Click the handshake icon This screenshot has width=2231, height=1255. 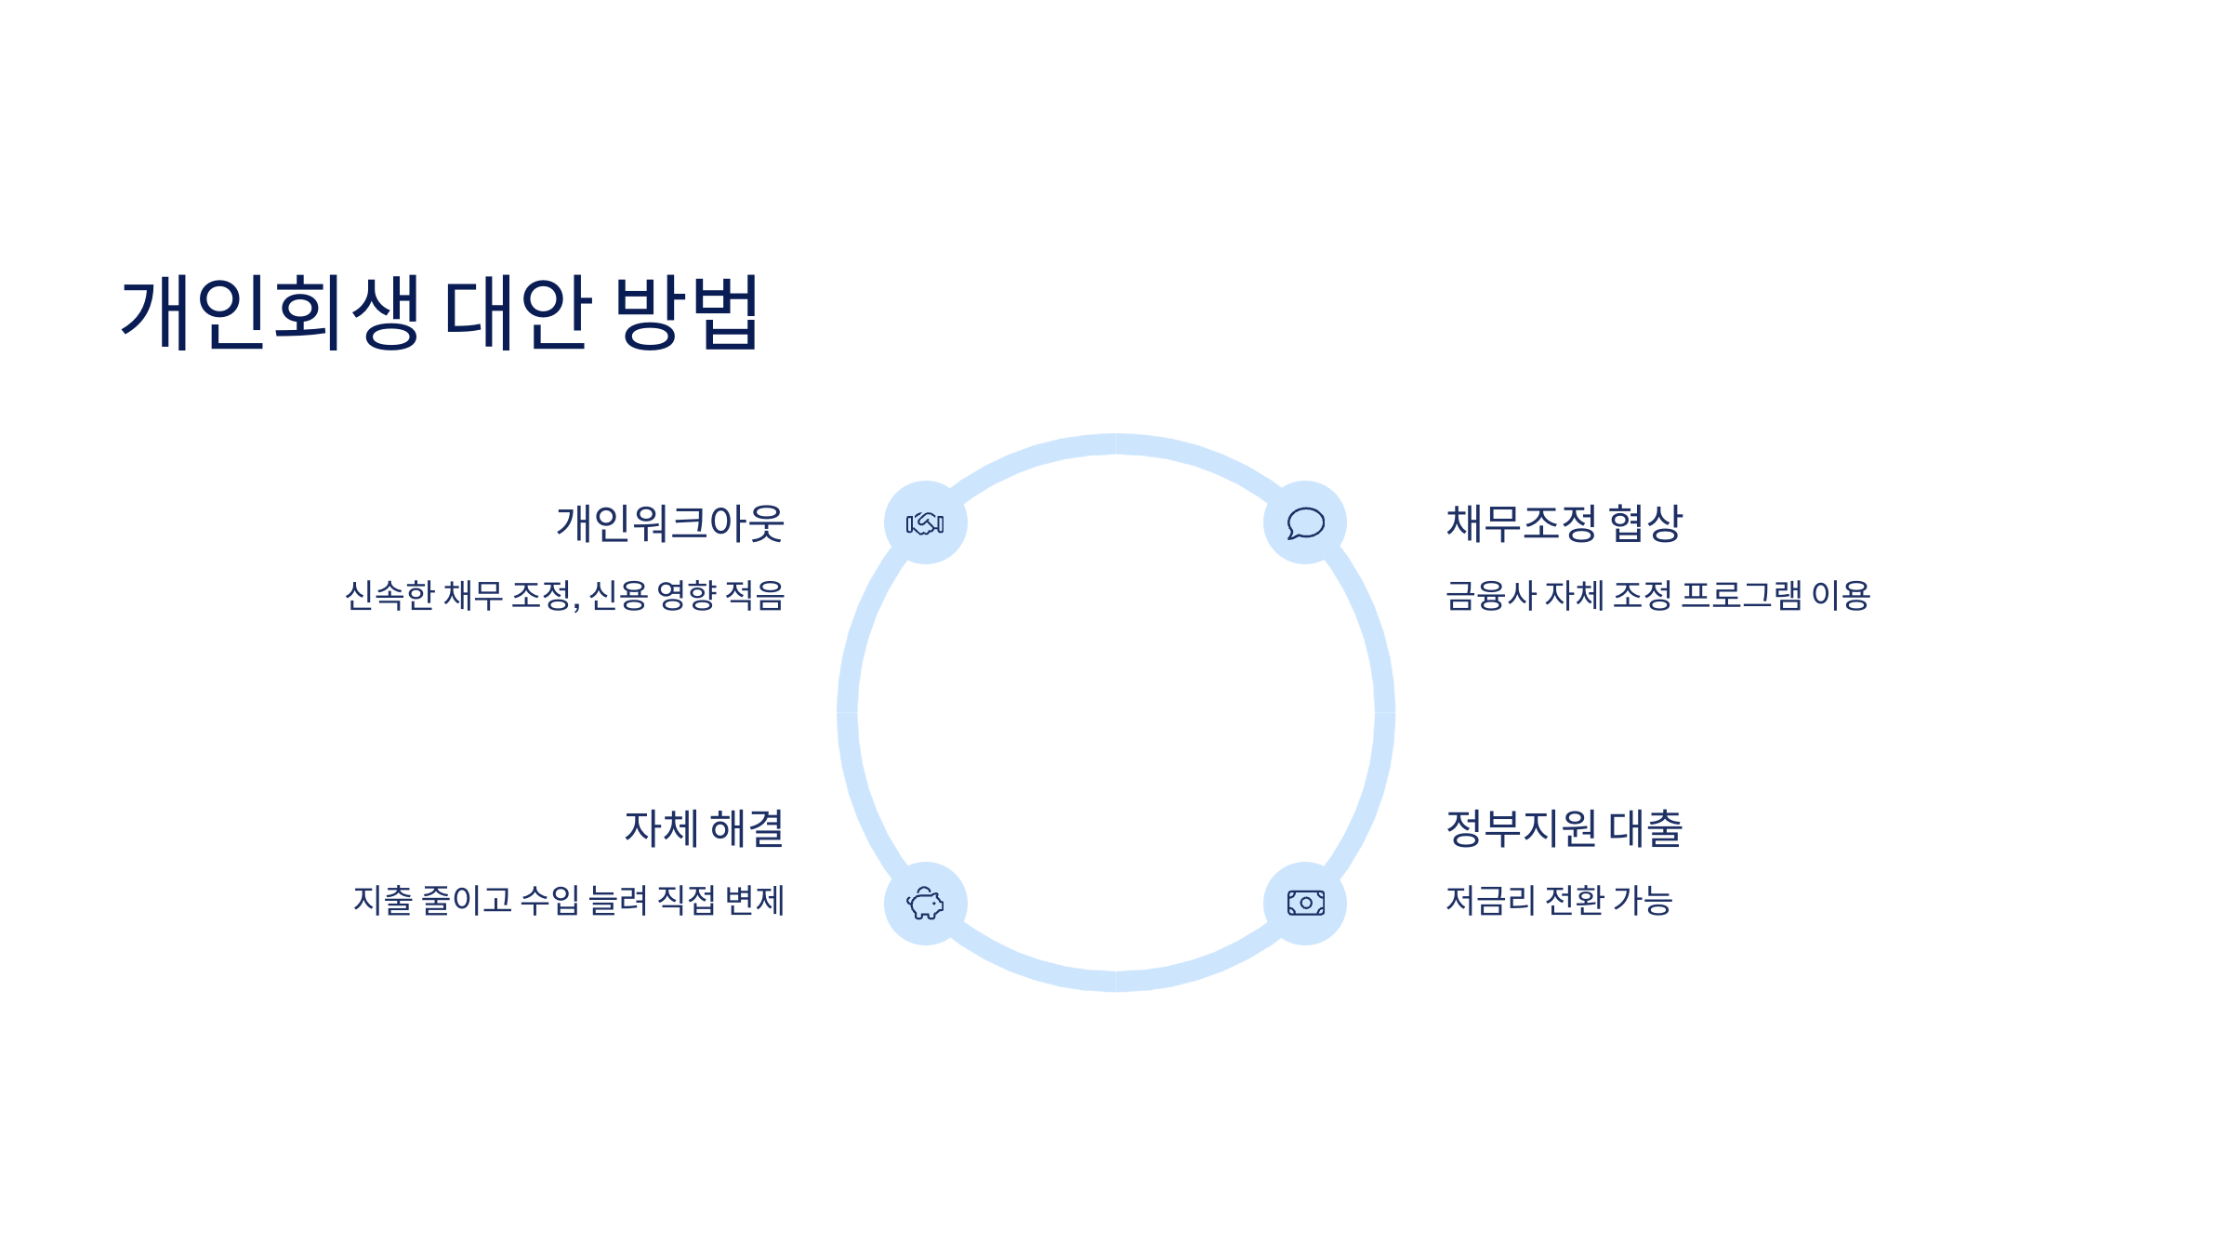click(x=925, y=523)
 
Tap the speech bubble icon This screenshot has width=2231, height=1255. click(x=1305, y=523)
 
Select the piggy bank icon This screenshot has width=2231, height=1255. click(x=925, y=904)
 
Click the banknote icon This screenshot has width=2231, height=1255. click(x=1305, y=904)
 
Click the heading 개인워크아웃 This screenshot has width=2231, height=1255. click(x=670, y=523)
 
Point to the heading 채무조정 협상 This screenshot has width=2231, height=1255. click(x=1564, y=523)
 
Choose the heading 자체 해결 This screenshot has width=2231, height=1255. click(x=704, y=828)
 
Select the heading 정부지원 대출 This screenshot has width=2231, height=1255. click(x=1564, y=828)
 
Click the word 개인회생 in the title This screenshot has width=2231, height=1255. click(x=271, y=312)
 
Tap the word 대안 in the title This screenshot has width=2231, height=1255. click(x=518, y=312)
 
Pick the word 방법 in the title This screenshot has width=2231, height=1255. click(x=687, y=312)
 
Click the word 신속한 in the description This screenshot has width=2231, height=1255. click(x=390, y=596)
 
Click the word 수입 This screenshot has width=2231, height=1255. click(x=549, y=901)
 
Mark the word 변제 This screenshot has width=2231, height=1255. click(x=755, y=901)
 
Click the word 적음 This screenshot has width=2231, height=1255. click(x=755, y=596)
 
